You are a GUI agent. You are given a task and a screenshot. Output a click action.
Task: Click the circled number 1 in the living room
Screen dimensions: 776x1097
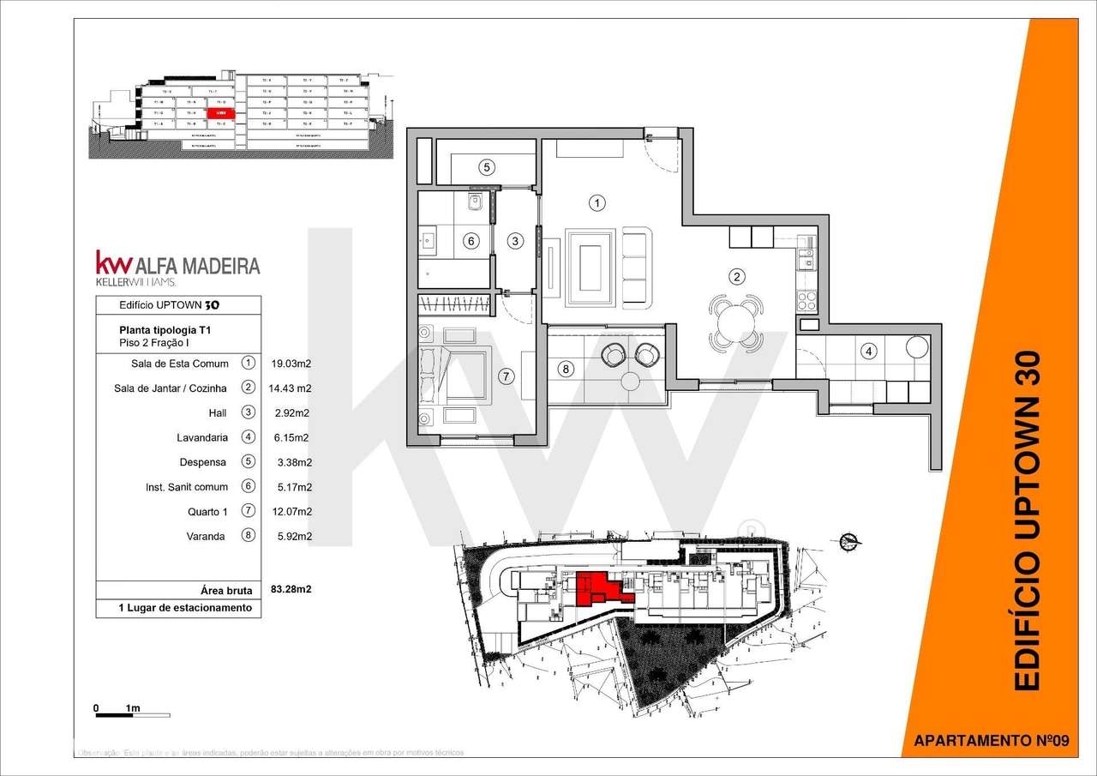[597, 203]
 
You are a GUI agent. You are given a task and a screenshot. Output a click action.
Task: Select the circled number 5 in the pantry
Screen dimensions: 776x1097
[486, 167]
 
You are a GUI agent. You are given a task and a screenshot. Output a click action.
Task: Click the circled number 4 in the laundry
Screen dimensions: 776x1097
[868, 351]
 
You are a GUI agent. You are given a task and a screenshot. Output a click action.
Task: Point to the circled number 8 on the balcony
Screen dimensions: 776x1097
[564, 370]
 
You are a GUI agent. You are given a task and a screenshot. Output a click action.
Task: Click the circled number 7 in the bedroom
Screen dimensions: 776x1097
[506, 376]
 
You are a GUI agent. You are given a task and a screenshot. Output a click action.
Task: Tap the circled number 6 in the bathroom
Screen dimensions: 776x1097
[470, 242]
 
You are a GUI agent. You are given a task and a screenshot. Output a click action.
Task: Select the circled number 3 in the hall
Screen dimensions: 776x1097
[515, 241]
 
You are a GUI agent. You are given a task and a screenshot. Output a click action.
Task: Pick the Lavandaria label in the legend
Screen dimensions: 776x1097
[202, 437]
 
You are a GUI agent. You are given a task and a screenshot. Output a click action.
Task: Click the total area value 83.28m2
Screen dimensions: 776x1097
[290, 590]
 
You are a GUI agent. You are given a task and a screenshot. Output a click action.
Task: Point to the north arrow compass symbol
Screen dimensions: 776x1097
[849, 541]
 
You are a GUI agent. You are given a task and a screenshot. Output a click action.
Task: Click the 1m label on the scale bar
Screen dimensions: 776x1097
[132, 708]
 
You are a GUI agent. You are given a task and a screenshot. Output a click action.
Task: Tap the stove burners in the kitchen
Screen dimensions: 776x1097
[806, 300]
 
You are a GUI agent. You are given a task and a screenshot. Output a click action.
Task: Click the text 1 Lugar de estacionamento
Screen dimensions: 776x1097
[185, 608]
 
